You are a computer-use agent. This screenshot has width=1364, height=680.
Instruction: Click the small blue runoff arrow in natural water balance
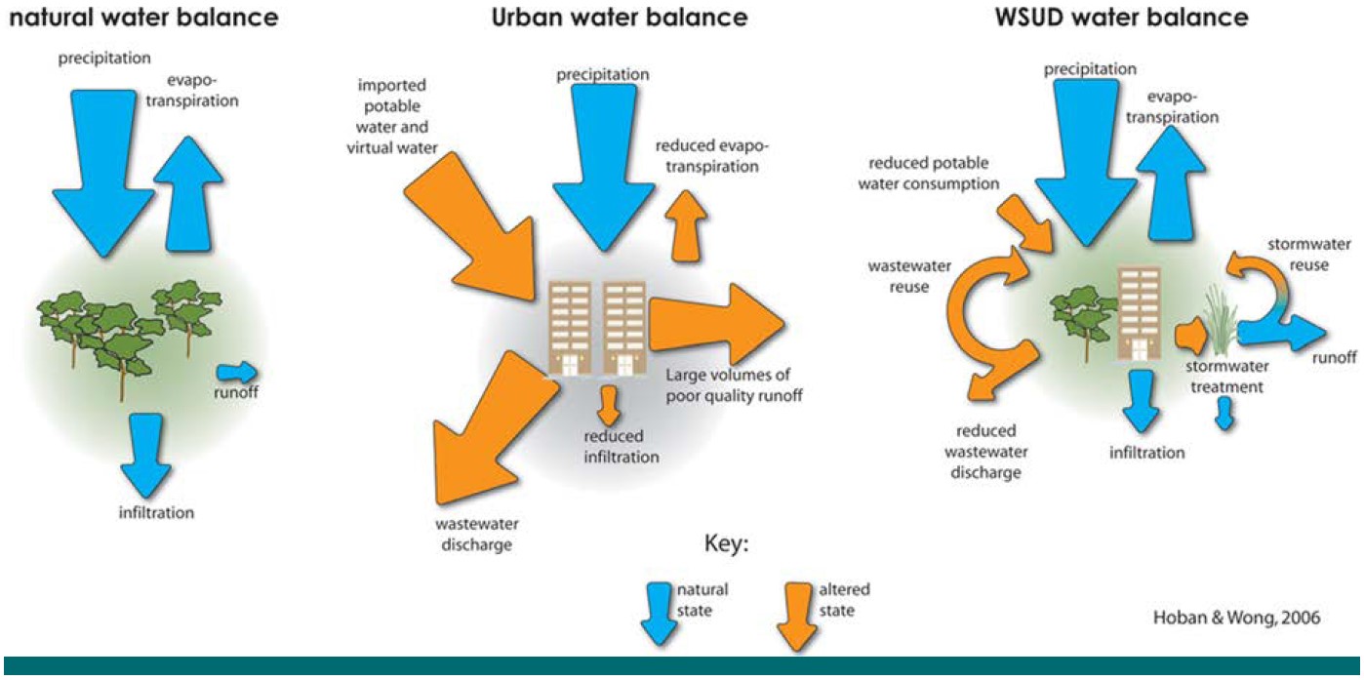[x=236, y=372]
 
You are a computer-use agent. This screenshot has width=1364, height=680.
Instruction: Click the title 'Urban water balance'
[x=619, y=17]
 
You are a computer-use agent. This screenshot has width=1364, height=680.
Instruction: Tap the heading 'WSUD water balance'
[x=1143, y=17]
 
